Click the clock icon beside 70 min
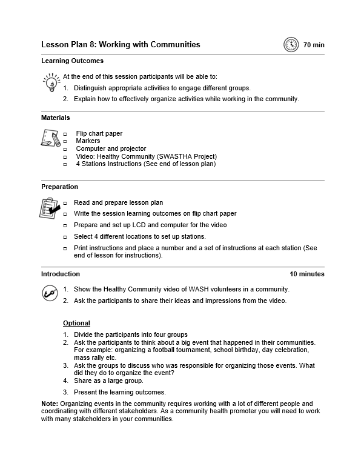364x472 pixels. [291, 44]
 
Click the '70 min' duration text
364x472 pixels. [314, 45]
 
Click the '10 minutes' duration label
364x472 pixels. [306, 274]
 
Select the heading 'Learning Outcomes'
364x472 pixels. [72, 61]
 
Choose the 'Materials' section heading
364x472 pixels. [55, 118]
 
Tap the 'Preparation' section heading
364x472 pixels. [59, 187]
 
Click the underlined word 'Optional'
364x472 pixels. [76, 323]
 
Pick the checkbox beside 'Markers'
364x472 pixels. [65, 141]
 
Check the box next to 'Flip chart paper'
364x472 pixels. [65, 134]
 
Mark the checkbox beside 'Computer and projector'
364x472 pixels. [65, 149]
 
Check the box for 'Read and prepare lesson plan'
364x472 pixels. [65, 203]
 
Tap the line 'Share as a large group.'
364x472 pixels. [108, 381]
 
